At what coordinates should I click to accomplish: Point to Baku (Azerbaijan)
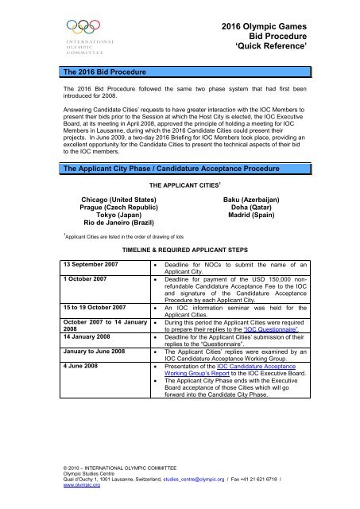[266, 196]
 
